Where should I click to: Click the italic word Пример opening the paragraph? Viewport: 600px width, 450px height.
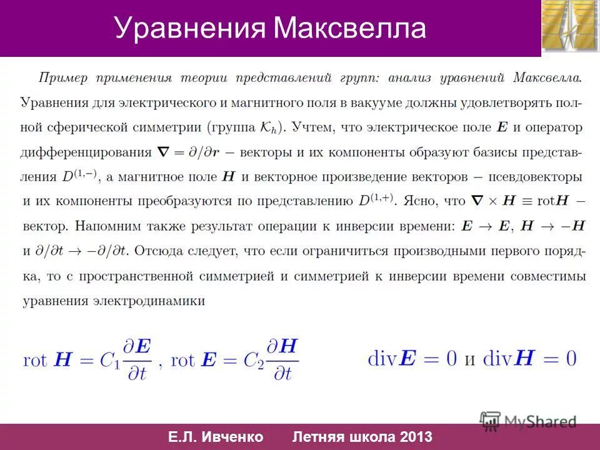[61, 78]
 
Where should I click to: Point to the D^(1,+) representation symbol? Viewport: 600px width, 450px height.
[376, 201]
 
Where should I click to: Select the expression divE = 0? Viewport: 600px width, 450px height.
[412, 359]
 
